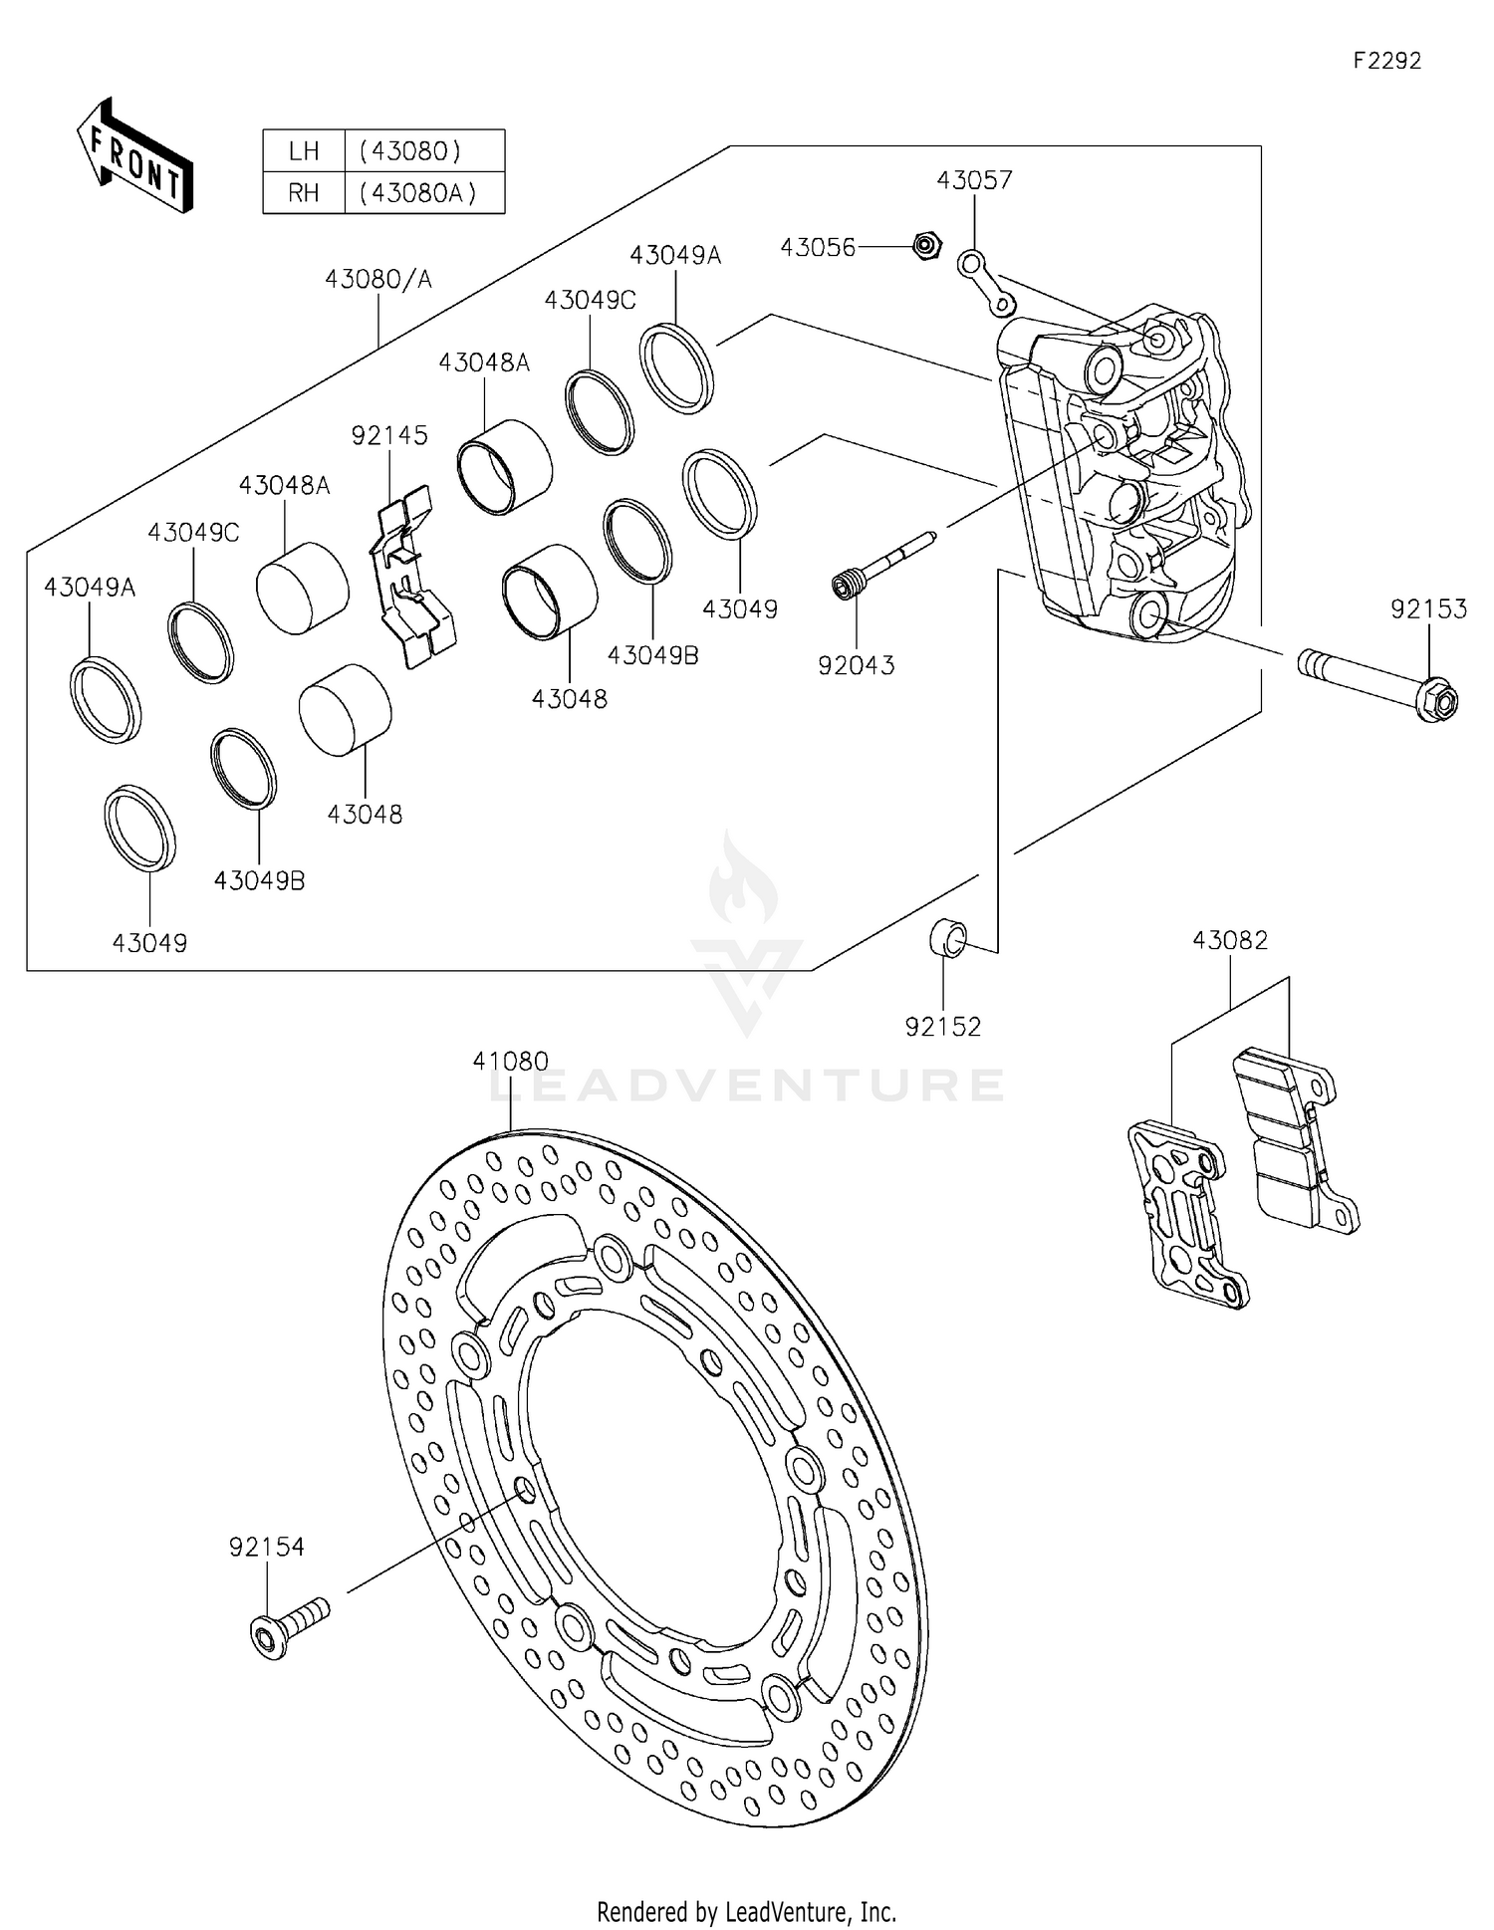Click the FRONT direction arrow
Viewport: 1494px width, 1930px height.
point(133,155)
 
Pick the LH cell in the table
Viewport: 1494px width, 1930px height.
point(303,151)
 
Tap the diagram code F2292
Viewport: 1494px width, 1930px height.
point(1386,61)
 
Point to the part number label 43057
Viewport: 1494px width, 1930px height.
point(974,180)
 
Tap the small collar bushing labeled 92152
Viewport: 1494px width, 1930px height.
point(947,938)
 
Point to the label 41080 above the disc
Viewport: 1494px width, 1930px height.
point(510,1062)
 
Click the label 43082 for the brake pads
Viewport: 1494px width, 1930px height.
point(1230,940)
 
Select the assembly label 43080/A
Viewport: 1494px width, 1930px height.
point(378,280)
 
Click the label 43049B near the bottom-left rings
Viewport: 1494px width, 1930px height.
point(259,880)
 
